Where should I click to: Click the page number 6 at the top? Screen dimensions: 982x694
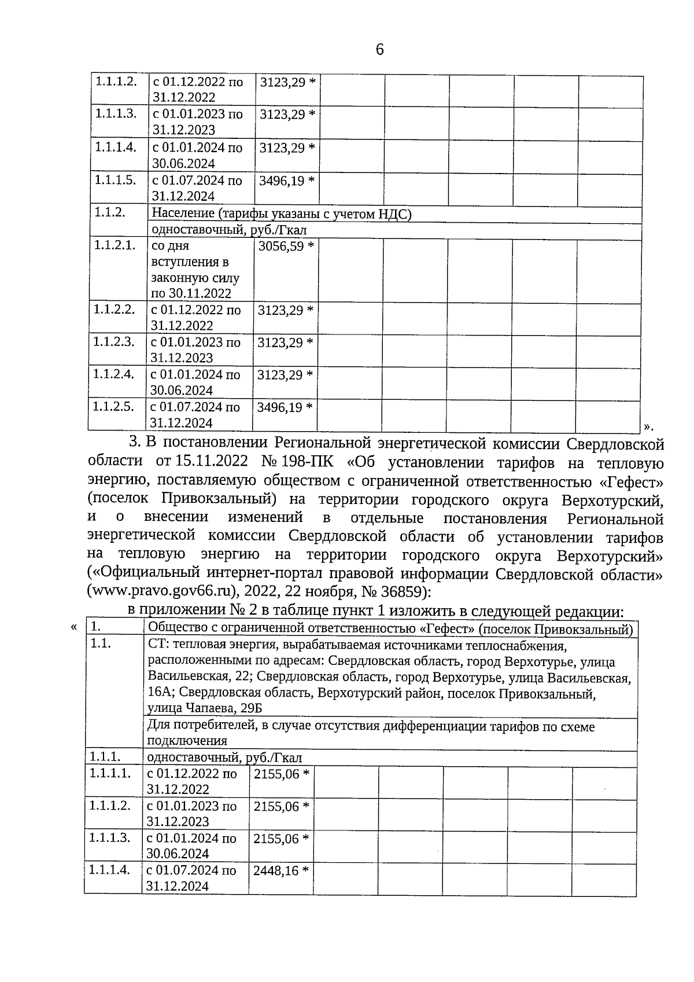tap(379, 50)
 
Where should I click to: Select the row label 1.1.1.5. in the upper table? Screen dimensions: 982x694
tap(116, 180)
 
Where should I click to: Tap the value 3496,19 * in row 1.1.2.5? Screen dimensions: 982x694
tap(285, 407)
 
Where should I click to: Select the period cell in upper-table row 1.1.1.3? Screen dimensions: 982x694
tap(197, 122)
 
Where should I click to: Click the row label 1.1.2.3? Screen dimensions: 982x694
tap(114, 341)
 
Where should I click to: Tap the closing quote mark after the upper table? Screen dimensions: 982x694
tap(648, 427)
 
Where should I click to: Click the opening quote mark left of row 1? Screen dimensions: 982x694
tap(73, 627)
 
